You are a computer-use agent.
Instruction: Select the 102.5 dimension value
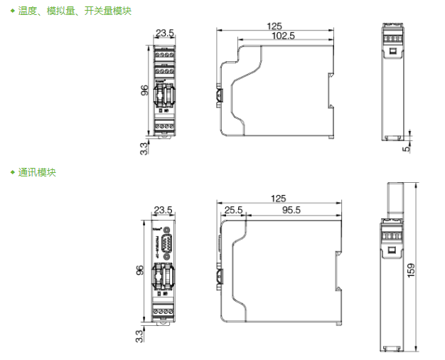[283, 36]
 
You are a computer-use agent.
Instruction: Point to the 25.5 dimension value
[233, 210]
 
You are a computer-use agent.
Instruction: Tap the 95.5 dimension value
[291, 210]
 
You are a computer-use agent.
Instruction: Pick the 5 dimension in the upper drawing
[407, 148]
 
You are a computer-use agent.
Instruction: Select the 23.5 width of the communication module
[164, 210]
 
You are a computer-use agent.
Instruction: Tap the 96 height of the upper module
[144, 90]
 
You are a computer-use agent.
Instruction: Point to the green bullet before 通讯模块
[12, 173]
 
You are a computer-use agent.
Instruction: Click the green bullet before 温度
[12, 11]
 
